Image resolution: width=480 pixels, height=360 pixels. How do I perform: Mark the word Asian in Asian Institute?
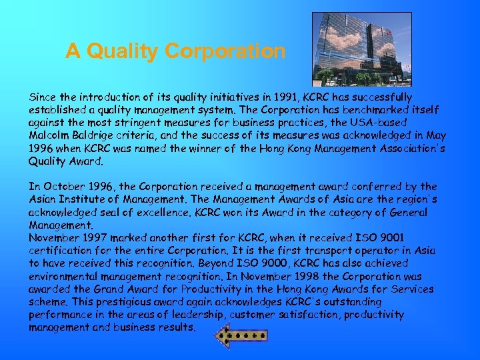(44, 199)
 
